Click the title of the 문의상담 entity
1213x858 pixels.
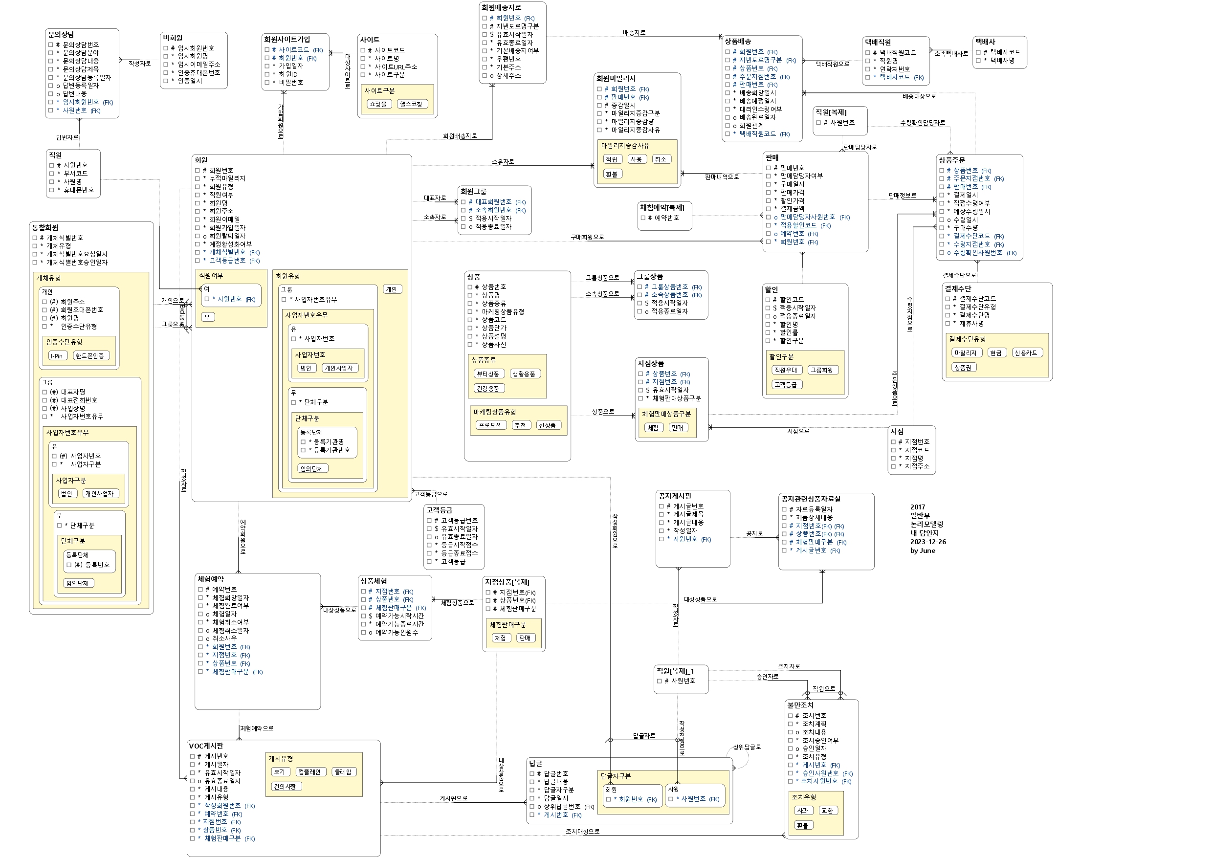coord(61,34)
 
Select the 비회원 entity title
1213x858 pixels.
coord(173,38)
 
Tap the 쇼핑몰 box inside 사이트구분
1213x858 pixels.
coord(378,104)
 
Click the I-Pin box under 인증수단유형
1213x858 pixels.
coord(57,356)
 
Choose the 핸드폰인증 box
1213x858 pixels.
coord(90,356)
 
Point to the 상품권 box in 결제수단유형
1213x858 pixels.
coord(962,368)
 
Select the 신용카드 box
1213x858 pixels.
coord(1026,353)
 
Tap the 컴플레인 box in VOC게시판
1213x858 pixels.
coord(309,772)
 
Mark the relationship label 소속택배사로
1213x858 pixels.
coord(951,54)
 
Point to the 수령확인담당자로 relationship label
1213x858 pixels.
coord(923,123)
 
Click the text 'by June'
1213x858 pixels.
coord(923,550)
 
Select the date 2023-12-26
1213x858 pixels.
coord(927,542)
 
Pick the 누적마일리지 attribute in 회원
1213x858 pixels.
coord(227,178)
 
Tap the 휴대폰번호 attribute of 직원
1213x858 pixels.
coord(79,190)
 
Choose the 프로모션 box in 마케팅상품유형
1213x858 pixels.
coord(490,425)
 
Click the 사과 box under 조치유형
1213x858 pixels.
coord(802,811)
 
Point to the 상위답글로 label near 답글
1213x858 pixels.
coord(747,747)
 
